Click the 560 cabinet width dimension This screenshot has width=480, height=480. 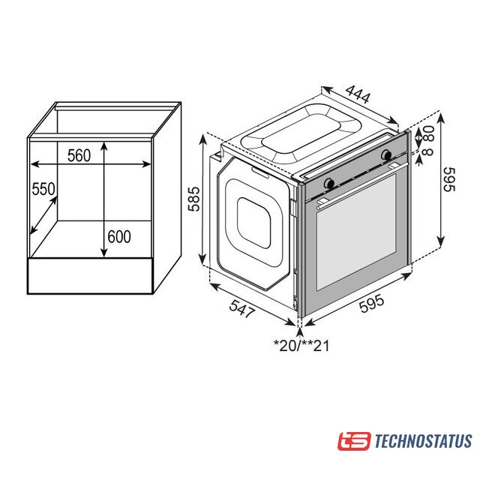[79, 155]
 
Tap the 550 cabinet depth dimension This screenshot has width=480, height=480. [43, 189]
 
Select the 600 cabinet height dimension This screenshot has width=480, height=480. [119, 236]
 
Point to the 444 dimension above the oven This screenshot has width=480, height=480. [358, 93]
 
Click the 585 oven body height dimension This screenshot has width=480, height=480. [194, 199]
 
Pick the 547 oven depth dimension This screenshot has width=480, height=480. [242, 308]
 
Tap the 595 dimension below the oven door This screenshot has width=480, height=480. [371, 303]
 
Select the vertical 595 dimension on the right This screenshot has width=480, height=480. [449, 179]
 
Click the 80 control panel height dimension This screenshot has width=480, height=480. [429, 133]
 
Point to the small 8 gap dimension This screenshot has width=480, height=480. [429, 151]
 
